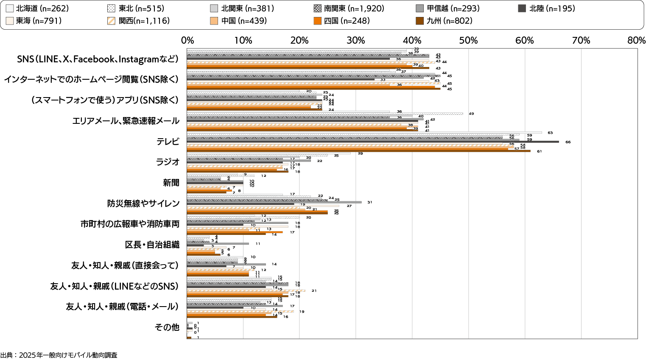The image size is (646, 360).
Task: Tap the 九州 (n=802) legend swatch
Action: point(420,21)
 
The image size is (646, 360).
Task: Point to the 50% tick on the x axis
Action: point(469,41)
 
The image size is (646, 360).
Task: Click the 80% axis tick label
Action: point(637,41)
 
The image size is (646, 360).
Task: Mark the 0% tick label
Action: point(187,41)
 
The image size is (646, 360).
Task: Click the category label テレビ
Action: point(168,142)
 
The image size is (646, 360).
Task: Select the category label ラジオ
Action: point(168,162)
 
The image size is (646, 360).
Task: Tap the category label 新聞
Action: point(171,183)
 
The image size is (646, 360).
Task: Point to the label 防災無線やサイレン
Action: point(143,204)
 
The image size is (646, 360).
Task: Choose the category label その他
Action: point(167,327)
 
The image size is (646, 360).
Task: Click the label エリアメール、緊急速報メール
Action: point(126,121)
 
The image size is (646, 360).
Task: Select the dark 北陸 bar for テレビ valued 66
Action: point(373,142)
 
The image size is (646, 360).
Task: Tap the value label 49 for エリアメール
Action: point(471,114)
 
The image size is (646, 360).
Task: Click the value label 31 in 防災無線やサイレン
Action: point(369,202)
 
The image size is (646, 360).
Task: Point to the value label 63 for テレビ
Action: point(550,133)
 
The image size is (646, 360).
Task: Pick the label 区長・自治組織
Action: point(152,245)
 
